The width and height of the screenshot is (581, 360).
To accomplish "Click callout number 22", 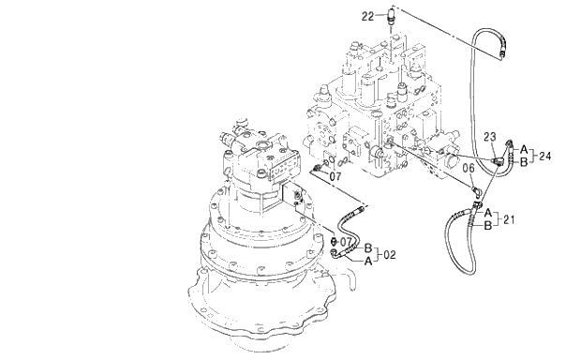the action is point(367,16).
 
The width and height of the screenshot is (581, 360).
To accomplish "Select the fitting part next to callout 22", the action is point(392,16).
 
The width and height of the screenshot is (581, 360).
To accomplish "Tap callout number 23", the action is point(489,137).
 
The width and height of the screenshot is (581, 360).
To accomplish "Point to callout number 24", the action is point(544,156).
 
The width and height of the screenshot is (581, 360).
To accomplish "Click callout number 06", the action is point(469,169).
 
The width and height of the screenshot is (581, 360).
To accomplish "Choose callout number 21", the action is point(509,219).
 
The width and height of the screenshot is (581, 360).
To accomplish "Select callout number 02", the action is point(389,255).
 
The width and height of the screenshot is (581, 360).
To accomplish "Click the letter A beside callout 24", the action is point(524,149).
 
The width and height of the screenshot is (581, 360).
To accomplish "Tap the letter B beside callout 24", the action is point(524,162).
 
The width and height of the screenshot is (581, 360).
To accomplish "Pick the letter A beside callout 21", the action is point(488,213).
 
